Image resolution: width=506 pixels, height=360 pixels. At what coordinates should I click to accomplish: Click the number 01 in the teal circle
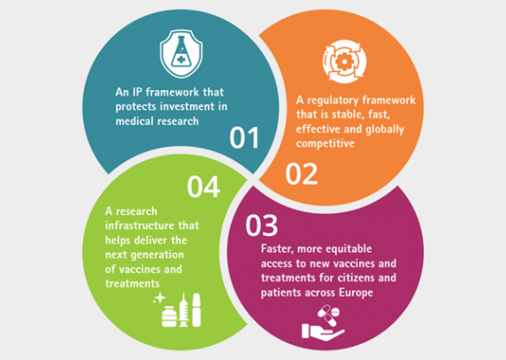[244, 138]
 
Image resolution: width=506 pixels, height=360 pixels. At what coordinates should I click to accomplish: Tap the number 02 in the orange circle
[302, 174]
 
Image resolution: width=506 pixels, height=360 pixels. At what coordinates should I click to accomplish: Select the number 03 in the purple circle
[261, 225]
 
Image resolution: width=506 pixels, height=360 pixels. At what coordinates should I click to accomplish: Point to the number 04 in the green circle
[203, 187]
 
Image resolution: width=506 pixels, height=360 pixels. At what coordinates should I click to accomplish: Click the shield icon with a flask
[181, 54]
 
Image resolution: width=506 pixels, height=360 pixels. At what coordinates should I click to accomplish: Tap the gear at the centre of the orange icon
[344, 61]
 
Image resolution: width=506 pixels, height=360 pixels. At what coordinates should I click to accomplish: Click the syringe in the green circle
[184, 310]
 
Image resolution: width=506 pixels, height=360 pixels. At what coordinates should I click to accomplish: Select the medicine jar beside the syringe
[169, 317]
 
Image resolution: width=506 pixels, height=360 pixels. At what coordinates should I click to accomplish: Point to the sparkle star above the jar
[159, 298]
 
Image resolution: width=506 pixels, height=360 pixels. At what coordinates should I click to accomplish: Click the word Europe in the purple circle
[356, 293]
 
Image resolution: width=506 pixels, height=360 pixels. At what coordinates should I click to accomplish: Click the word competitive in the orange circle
[326, 143]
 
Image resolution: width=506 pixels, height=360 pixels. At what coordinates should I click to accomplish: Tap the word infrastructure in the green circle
[140, 226]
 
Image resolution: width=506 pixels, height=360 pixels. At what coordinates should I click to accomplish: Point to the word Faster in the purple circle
[278, 249]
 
